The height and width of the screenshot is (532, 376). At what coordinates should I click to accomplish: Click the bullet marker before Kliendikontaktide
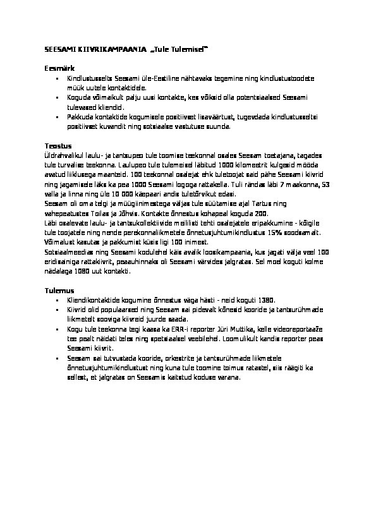[x=58, y=300]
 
